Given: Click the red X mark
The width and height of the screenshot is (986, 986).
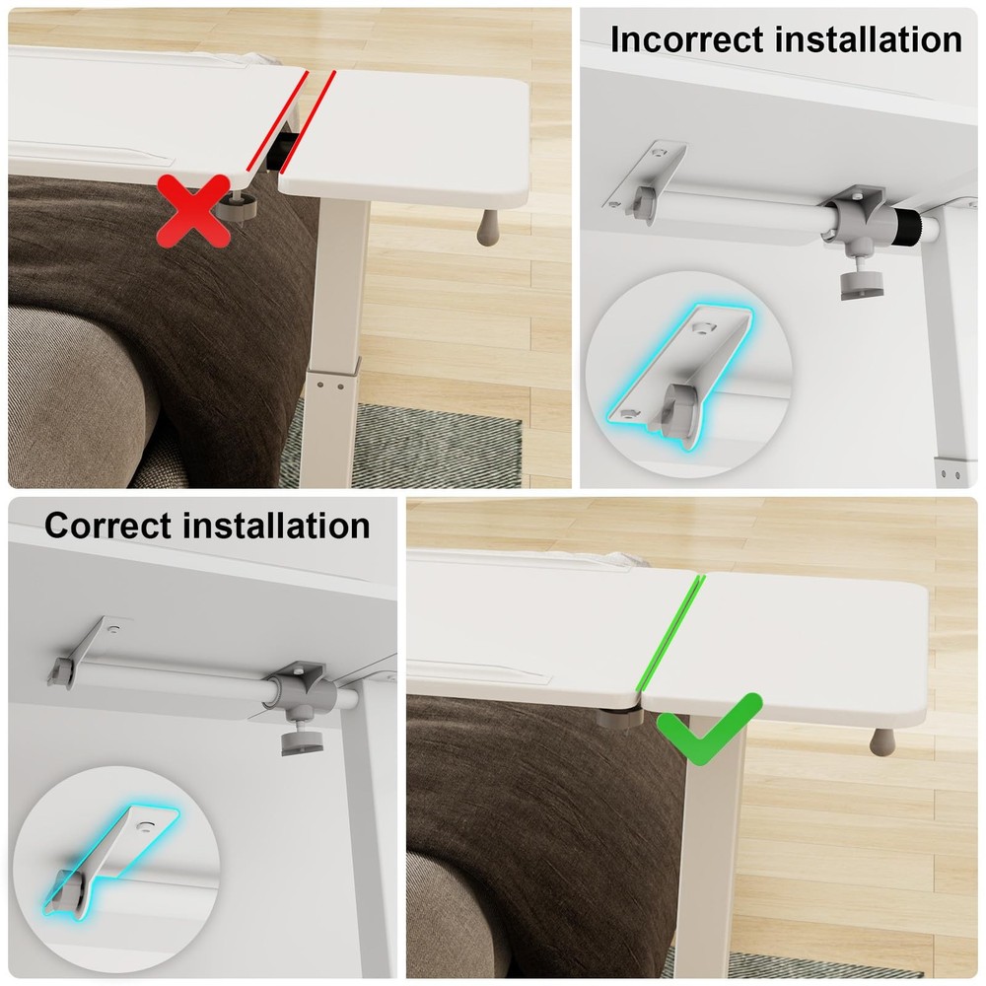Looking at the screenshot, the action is [x=193, y=211].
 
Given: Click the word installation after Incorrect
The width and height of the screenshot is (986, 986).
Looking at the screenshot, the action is [x=869, y=39].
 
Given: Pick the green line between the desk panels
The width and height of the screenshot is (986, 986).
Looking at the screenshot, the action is [x=669, y=632].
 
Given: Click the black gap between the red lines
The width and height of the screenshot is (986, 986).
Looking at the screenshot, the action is [x=282, y=150].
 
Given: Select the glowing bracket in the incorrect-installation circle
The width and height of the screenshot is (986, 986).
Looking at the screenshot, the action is [x=679, y=373].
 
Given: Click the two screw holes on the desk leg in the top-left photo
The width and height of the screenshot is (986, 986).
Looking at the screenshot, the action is [x=330, y=386].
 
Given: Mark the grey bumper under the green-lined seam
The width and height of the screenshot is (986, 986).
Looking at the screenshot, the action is [x=619, y=718].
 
